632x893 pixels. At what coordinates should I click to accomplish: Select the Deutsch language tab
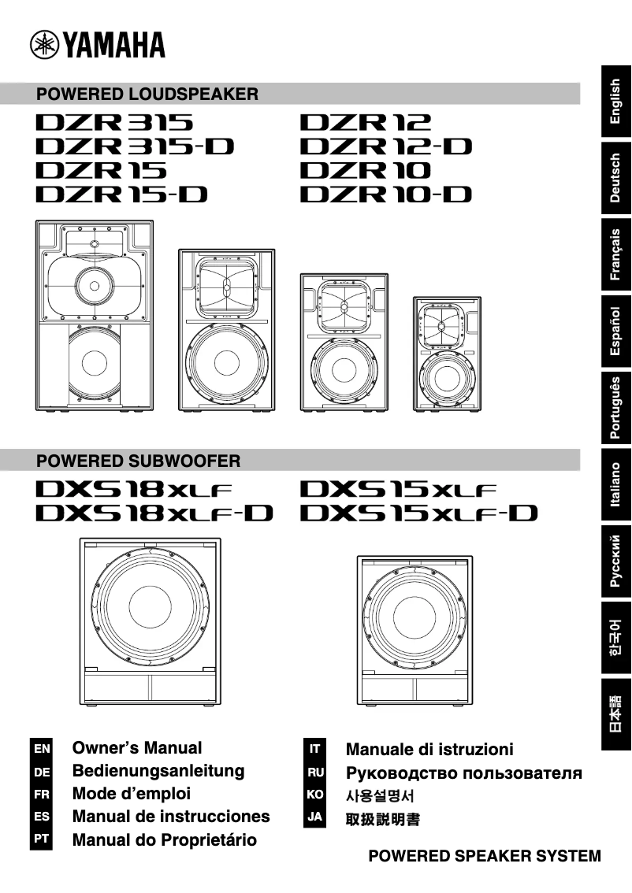pos(616,178)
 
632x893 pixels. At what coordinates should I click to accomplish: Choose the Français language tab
pos(616,254)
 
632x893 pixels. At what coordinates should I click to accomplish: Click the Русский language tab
pos(616,561)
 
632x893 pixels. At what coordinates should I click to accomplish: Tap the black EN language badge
pos(43,748)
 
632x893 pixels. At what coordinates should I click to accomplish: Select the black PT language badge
pos(43,839)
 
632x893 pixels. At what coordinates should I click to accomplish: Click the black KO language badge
pos(314,795)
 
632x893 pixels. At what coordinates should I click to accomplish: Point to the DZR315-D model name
pos(135,146)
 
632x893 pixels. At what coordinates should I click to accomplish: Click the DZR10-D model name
pos(386,194)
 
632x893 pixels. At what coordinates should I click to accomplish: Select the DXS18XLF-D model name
pos(154,513)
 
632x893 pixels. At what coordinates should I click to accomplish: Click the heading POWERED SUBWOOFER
pos(139,460)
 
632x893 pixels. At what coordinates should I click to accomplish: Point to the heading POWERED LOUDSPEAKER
pos(147,94)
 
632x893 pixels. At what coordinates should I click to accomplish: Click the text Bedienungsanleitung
pos(158,771)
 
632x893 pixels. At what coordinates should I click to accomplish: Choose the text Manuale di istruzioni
pos(429,749)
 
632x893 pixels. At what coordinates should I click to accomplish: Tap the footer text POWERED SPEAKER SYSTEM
pos(485,856)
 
